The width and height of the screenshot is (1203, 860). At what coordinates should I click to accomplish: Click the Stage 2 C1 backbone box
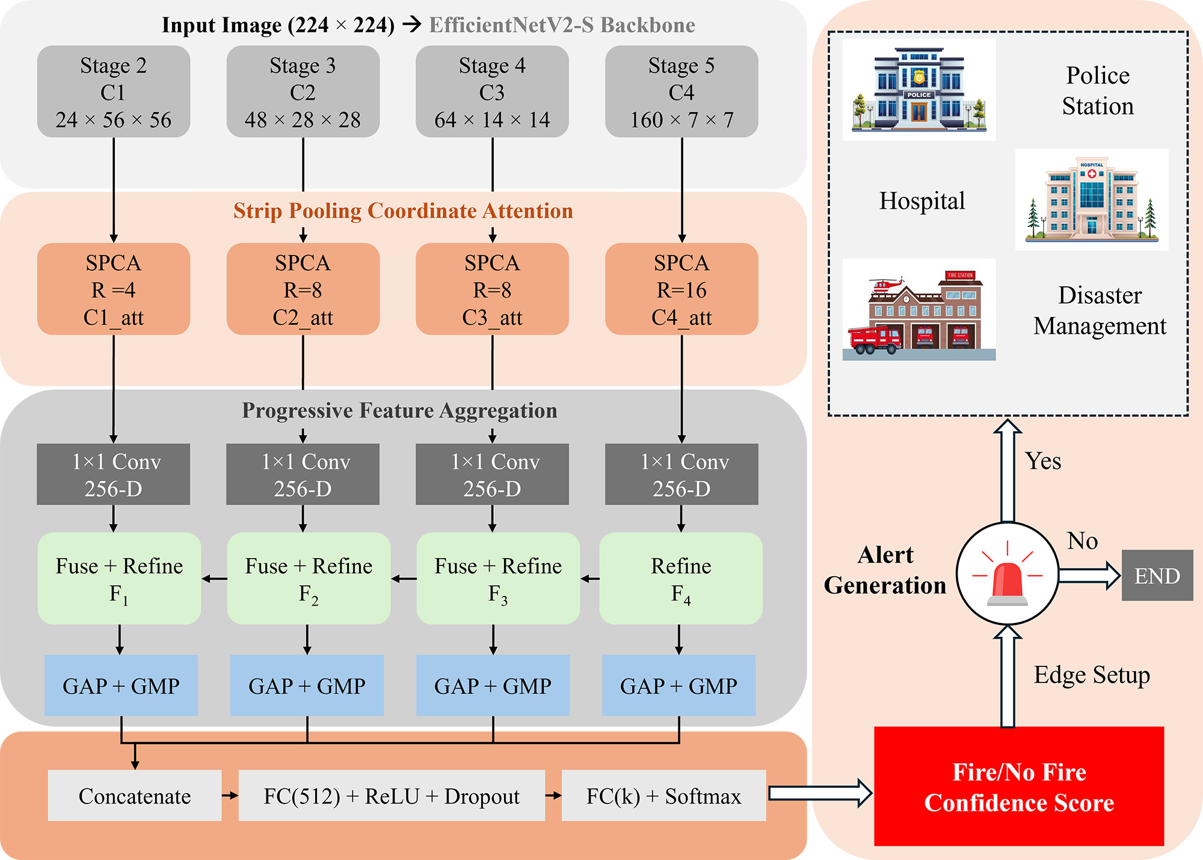click(113, 92)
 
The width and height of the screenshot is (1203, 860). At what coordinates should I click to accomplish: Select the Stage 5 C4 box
click(681, 92)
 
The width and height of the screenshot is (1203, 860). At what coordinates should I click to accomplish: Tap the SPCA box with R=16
click(681, 289)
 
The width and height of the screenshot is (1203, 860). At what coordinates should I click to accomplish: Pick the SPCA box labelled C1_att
click(113, 289)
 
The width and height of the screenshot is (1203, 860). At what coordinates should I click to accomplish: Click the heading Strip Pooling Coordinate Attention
click(403, 211)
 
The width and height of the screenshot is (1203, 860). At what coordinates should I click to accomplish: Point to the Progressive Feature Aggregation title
click(399, 411)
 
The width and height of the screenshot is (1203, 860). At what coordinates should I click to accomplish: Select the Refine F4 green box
click(681, 578)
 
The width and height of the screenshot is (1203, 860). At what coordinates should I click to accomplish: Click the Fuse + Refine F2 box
click(308, 578)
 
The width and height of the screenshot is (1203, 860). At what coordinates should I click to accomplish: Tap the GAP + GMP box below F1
click(121, 686)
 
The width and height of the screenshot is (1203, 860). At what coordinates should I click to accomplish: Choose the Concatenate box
click(134, 796)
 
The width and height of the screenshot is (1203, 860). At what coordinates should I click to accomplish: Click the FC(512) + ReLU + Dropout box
click(392, 796)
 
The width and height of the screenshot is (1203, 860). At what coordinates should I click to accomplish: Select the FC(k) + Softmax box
click(663, 796)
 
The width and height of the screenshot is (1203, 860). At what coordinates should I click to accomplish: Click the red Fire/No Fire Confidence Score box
click(1019, 787)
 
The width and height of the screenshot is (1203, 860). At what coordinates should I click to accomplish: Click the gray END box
click(1157, 576)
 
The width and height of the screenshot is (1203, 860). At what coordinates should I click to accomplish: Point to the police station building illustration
click(918, 90)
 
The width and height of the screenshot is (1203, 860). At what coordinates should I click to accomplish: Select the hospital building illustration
click(1091, 200)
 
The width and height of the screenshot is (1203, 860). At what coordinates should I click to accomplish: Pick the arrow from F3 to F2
click(404, 579)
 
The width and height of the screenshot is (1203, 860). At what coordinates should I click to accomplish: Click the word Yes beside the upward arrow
click(1043, 461)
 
